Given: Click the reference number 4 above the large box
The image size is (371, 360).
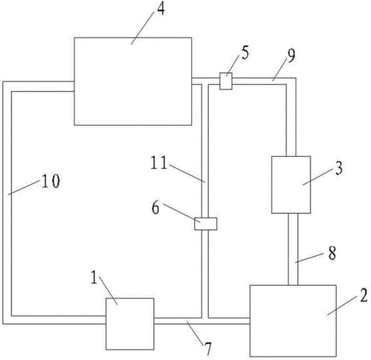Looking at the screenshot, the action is pos(161,9).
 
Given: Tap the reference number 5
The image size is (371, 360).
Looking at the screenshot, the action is pos(245,52).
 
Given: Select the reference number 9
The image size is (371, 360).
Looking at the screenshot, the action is pos(291,55).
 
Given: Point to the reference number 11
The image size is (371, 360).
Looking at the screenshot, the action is pos(159,163).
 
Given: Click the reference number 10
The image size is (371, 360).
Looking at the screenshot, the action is pos(50,182).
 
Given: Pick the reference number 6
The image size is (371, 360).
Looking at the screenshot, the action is pos(156,208).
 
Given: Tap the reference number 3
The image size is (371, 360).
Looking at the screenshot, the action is pos(339,169).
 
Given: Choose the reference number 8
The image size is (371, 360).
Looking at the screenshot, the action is pos(332,253).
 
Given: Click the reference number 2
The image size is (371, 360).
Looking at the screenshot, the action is pos(364,296).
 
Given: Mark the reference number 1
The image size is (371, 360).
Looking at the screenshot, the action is pos(94,278).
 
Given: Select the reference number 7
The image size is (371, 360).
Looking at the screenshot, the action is pos(208,349).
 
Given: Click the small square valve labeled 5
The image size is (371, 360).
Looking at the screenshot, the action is pos(225,81).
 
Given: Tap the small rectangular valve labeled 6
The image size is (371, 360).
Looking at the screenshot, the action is pos(205,224).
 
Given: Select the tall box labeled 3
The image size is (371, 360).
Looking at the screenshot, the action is pos(291,185).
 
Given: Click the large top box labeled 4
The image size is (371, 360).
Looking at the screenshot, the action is pos(133,81).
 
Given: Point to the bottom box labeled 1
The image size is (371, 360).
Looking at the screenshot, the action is pos(130,324).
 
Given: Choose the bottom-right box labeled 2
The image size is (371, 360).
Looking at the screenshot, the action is pos(293,321).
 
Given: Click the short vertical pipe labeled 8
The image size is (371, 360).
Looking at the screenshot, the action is pos(293,250).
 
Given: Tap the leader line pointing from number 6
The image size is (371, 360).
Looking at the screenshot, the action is pos(182,213).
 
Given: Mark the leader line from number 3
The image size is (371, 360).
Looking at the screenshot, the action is pos(318,177).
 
